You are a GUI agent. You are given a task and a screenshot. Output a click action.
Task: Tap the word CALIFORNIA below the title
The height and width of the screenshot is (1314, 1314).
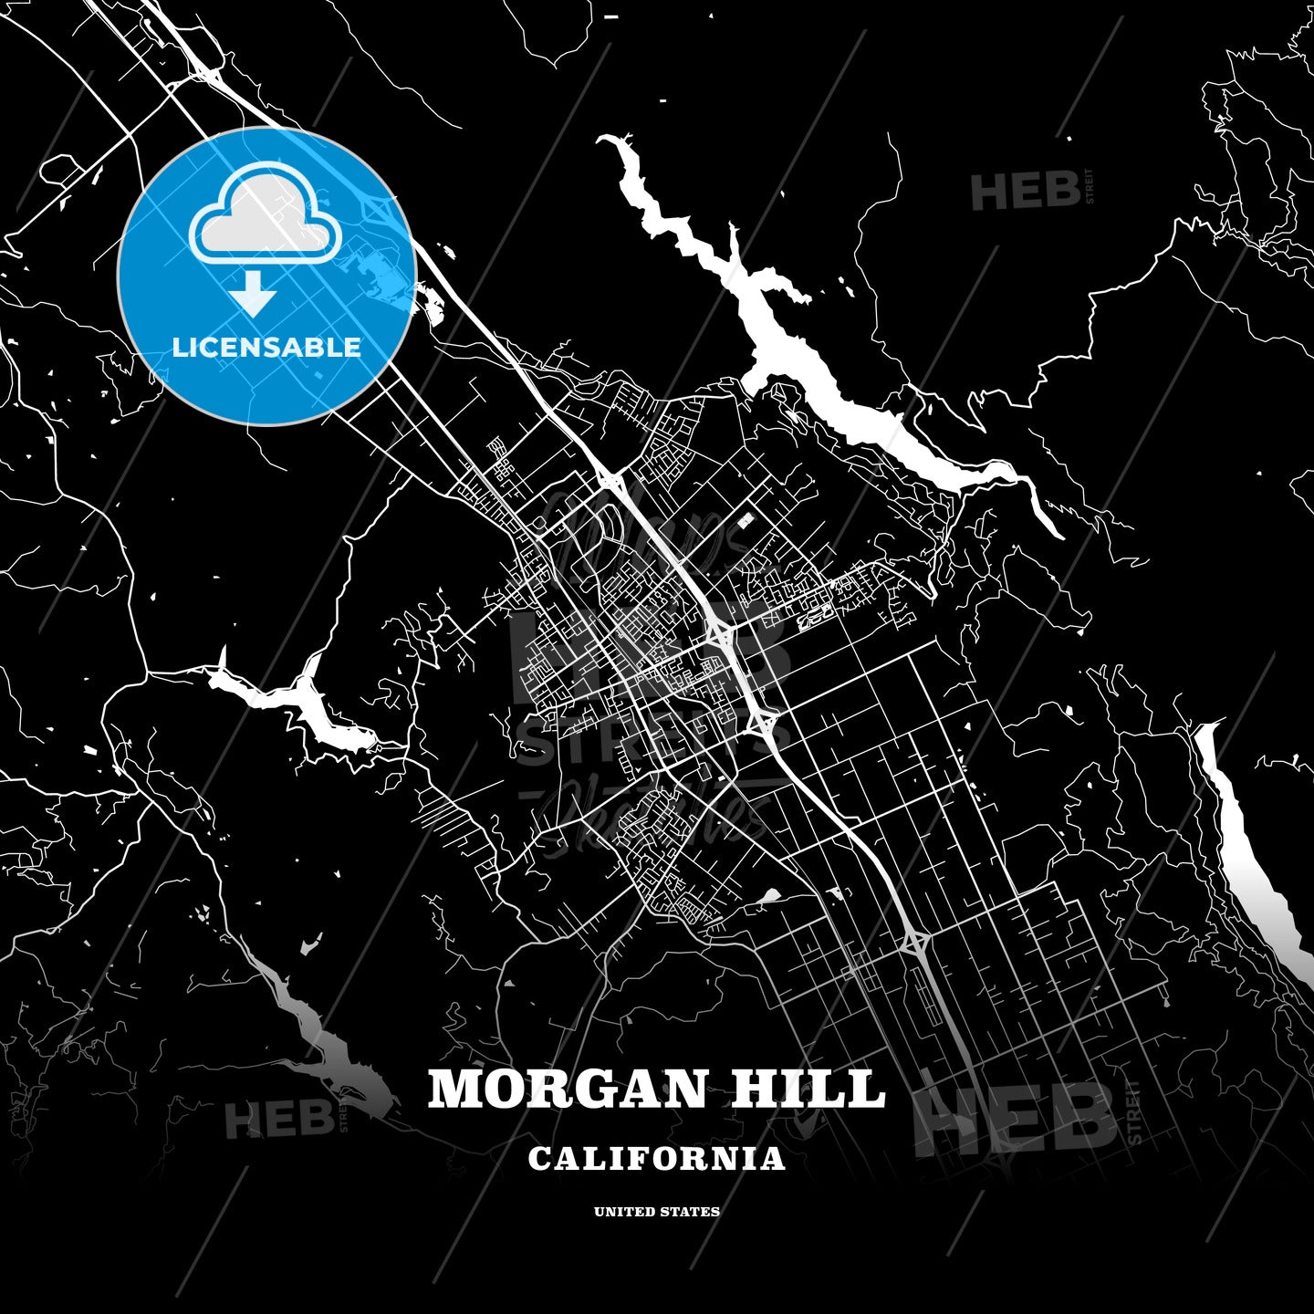[656, 1158]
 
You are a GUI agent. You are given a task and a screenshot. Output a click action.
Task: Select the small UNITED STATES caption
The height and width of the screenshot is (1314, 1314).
[656, 1212]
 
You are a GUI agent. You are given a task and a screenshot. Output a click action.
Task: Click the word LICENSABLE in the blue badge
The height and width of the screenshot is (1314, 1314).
[266, 347]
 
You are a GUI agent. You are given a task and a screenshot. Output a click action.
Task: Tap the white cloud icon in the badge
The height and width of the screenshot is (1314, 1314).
[265, 217]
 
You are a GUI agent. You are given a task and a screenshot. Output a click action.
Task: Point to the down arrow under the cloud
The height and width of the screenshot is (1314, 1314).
[253, 294]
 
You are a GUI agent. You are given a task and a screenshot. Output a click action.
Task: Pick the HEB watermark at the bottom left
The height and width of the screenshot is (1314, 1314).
[278, 1118]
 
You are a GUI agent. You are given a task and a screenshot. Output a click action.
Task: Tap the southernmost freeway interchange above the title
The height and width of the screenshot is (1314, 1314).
[915, 940]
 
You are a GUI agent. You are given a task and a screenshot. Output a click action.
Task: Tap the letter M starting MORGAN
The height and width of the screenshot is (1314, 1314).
[454, 1089]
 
